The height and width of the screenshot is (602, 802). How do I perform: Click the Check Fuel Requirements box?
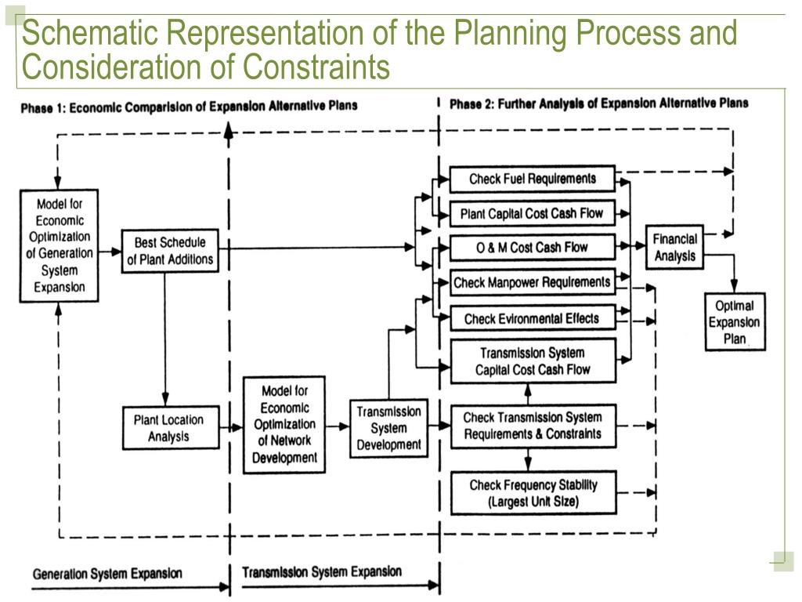532,179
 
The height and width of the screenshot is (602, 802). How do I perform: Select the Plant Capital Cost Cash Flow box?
532,213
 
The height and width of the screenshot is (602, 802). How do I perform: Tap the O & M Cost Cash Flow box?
532,248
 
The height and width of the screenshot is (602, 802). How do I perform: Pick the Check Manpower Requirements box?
532,282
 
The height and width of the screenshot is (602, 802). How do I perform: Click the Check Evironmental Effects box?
532,318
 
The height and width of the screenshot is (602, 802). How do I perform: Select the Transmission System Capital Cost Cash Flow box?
532,361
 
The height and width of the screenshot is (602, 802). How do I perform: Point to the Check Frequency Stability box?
533,493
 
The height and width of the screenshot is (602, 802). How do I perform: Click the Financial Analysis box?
674,248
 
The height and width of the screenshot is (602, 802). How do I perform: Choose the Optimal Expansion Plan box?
735,321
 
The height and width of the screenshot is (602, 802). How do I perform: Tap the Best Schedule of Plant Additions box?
169,251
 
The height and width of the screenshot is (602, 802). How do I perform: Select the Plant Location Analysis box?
169,427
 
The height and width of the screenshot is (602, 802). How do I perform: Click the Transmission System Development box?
388,428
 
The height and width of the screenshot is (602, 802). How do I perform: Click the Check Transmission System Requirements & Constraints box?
532,426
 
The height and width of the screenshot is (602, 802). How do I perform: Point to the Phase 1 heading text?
189,107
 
